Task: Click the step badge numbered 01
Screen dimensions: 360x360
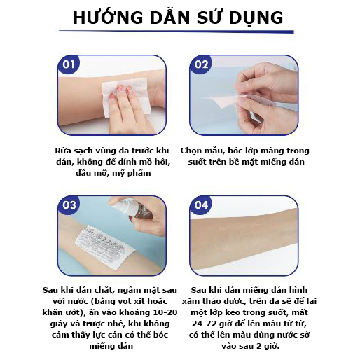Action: tap(69, 66)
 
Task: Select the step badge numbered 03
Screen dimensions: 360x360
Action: tap(69, 206)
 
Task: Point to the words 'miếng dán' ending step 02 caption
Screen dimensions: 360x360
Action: tap(284, 162)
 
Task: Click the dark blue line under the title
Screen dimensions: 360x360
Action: tap(175, 31)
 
